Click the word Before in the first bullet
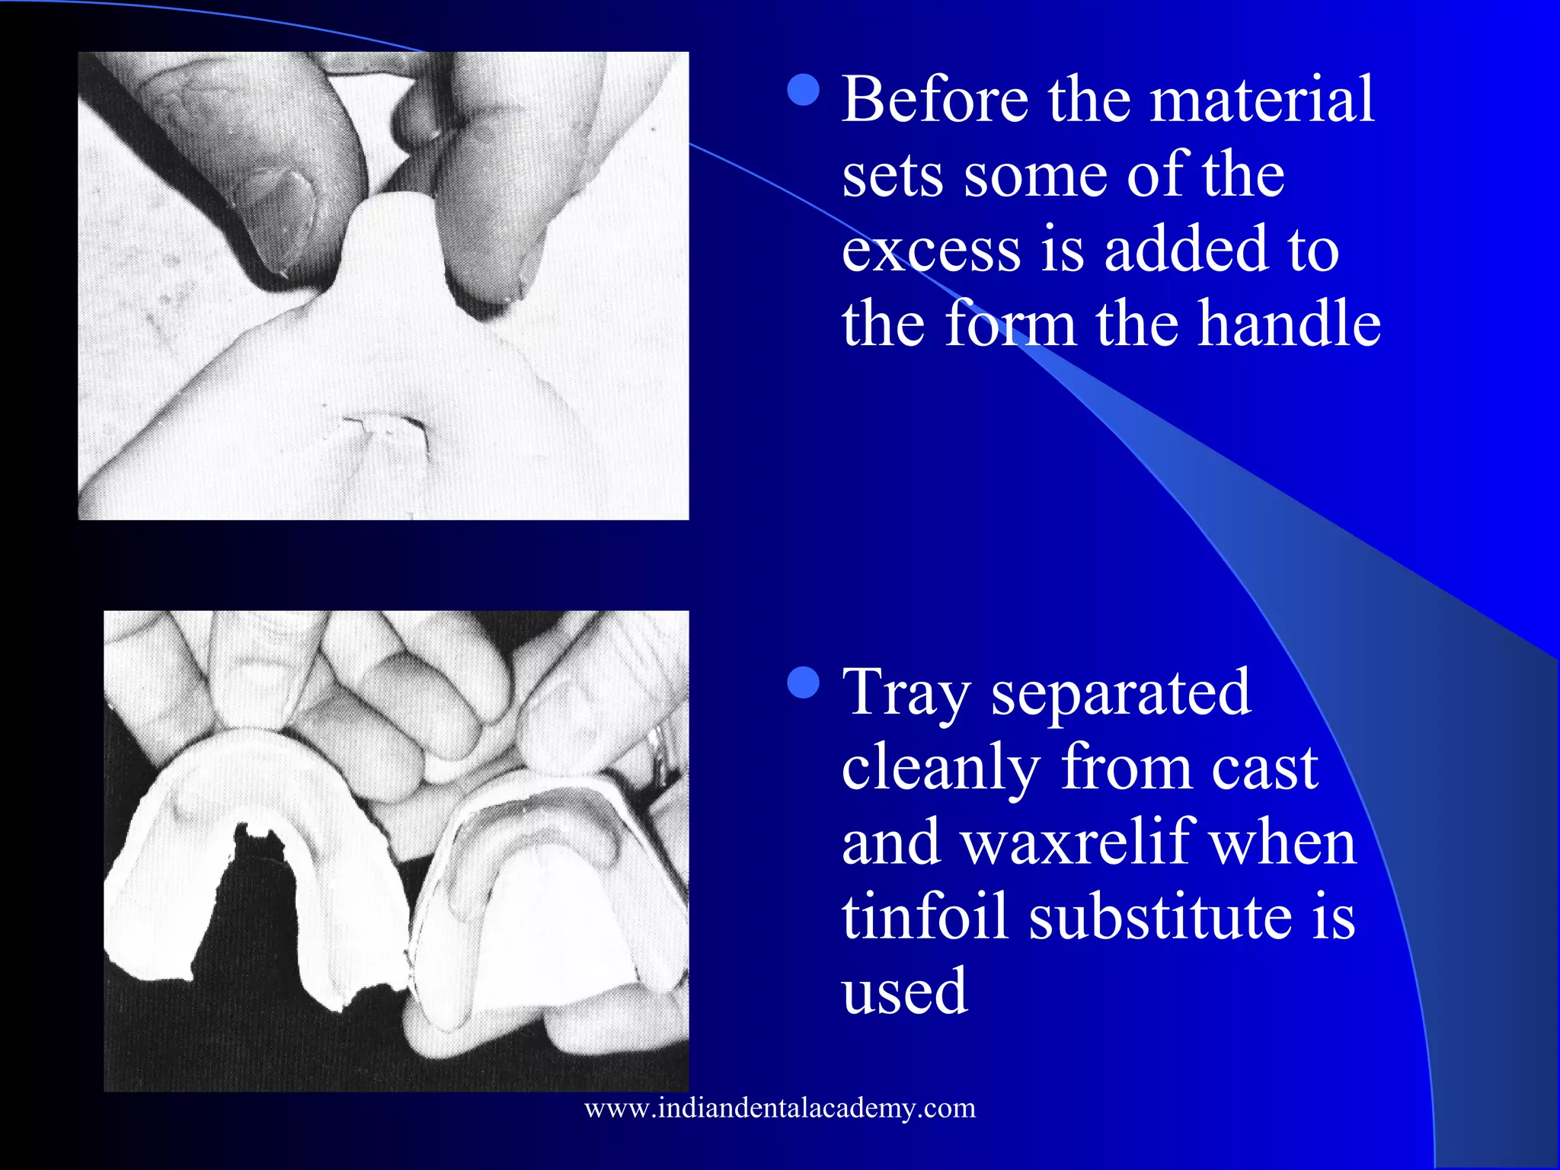click(935, 100)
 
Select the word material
click(1262, 100)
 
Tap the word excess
click(931, 251)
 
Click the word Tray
click(906, 693)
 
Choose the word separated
click(1120, 693)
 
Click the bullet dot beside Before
click(803, 89)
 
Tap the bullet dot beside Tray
click(803, 682)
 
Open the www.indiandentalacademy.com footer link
click(780, 1108)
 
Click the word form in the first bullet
click(1010, 324)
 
